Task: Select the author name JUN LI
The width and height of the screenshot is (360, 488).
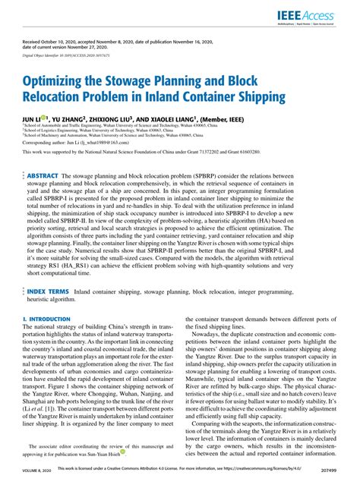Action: [32, 119]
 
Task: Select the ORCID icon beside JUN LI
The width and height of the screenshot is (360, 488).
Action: [47, 118]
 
